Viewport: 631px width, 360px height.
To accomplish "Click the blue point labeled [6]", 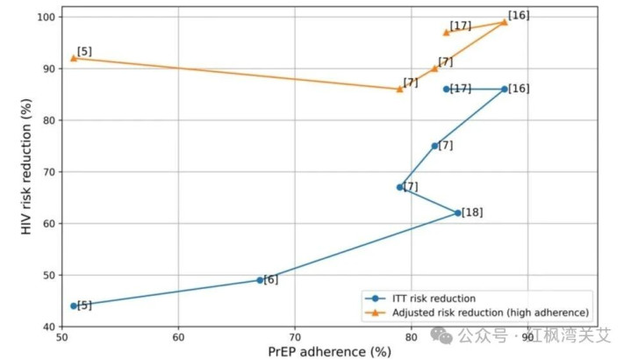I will [x=260, y=280].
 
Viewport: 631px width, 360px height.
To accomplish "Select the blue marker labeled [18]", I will [x=458, y=212].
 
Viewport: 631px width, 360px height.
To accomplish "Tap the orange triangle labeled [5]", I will [x=74, y=58].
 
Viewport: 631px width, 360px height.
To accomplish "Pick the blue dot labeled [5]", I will [x=74, y=306].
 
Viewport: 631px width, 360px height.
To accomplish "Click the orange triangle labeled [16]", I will [x=504, y=22].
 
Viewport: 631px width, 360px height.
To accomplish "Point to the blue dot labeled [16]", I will [x=504, y=89].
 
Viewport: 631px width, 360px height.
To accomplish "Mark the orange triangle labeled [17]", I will [x=447, y=32].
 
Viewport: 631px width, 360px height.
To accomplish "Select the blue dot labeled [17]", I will [x=447, y=89].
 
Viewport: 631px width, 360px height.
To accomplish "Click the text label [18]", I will [x=472, y=212].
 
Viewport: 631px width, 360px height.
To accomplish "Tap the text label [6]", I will [x=271, y=279].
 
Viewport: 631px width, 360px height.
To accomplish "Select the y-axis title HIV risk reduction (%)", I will [x=27, y=172].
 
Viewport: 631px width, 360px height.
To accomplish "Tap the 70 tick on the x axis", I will [x=295, y=335].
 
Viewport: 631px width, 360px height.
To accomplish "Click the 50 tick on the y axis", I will [x=49, y=275].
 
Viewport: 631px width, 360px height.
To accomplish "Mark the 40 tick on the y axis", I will [x=49, y=326].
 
